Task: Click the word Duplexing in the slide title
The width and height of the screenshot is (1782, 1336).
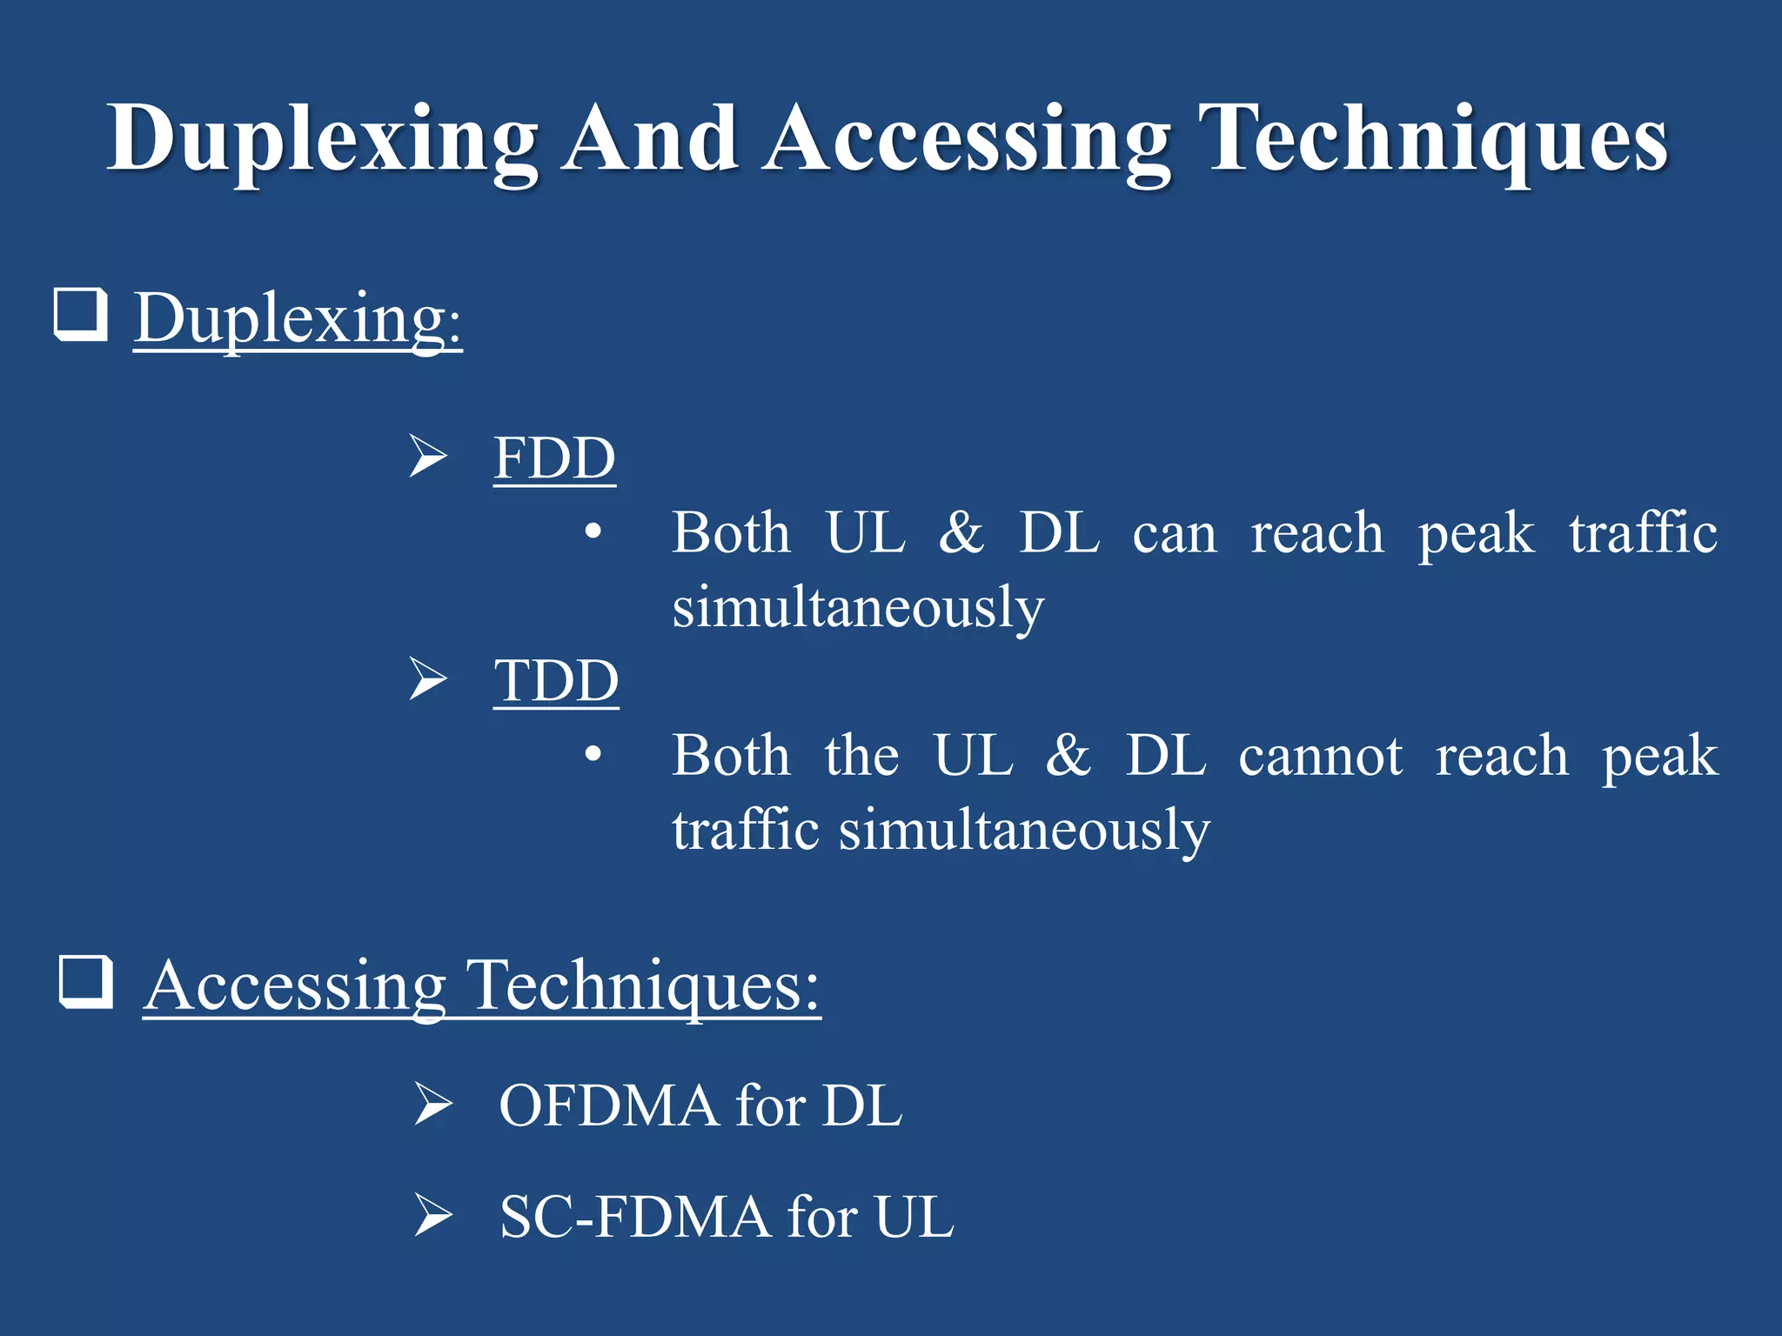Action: [322, 139]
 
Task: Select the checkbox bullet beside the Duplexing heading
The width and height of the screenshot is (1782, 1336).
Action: [81, 314]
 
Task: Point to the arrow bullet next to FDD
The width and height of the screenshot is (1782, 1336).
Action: [428, 457]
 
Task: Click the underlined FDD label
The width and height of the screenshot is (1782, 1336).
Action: [554, 458]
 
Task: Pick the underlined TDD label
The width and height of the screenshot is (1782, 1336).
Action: [556, 680]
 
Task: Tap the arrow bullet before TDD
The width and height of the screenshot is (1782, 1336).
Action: [428, 679]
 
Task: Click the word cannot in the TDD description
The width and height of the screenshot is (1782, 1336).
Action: [1320, 755]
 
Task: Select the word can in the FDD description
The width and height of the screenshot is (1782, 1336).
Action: [1174, 532]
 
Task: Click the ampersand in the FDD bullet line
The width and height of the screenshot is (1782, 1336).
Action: [961, 532]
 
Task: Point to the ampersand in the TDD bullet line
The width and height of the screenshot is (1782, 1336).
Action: [1069, 755]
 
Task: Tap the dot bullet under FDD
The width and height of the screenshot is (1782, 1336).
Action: [593, 531]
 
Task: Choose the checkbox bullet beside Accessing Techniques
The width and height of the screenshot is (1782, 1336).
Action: [86, 981]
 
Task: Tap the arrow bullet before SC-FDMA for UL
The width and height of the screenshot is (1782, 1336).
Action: [432, 1215]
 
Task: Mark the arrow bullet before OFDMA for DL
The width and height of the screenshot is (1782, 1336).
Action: [432, 1105]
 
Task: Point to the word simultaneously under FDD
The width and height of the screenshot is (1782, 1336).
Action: [858, 607]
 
